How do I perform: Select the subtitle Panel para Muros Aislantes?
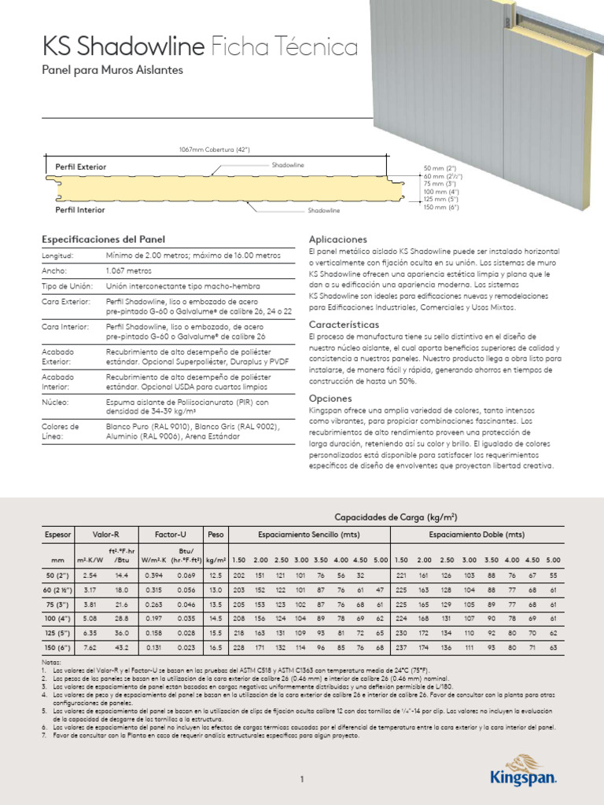(112, 71)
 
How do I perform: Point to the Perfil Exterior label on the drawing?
(80, 167)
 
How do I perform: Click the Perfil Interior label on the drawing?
(79, 210)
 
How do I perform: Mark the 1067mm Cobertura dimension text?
(215, 150)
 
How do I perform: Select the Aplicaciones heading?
(338, 238)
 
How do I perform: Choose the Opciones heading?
(330, 399)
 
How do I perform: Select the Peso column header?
(215, 535)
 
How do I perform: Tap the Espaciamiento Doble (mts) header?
(477, 535)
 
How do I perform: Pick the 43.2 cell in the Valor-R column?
(122, 647)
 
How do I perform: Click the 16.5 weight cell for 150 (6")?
(215, 647)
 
